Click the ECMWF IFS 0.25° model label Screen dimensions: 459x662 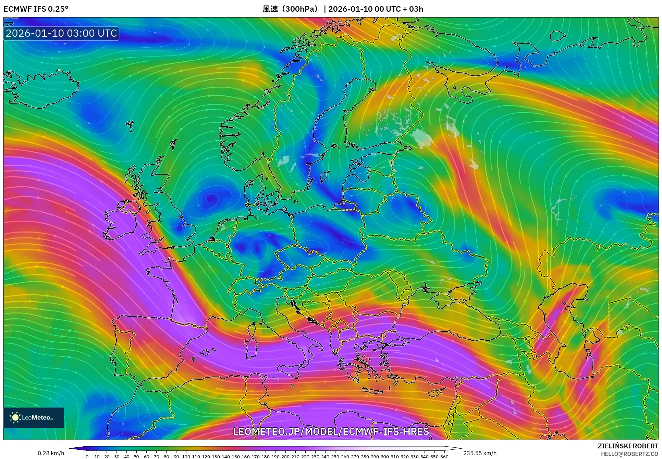click(36, 9)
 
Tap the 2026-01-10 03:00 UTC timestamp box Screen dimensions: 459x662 click(61, 33)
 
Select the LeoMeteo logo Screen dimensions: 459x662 click(34, 417)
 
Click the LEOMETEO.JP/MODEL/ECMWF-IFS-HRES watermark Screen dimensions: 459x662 click(331, 431)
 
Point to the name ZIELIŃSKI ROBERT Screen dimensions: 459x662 click(628, 446)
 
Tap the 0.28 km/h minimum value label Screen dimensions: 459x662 click(51, 453)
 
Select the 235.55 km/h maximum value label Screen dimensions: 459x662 click(480, 453)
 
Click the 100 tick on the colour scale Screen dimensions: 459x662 click(186, 456)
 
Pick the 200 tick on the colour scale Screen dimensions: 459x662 click(285, 456)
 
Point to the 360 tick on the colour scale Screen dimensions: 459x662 click(444, 456)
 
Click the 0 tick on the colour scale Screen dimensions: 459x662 click(87, 456)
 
